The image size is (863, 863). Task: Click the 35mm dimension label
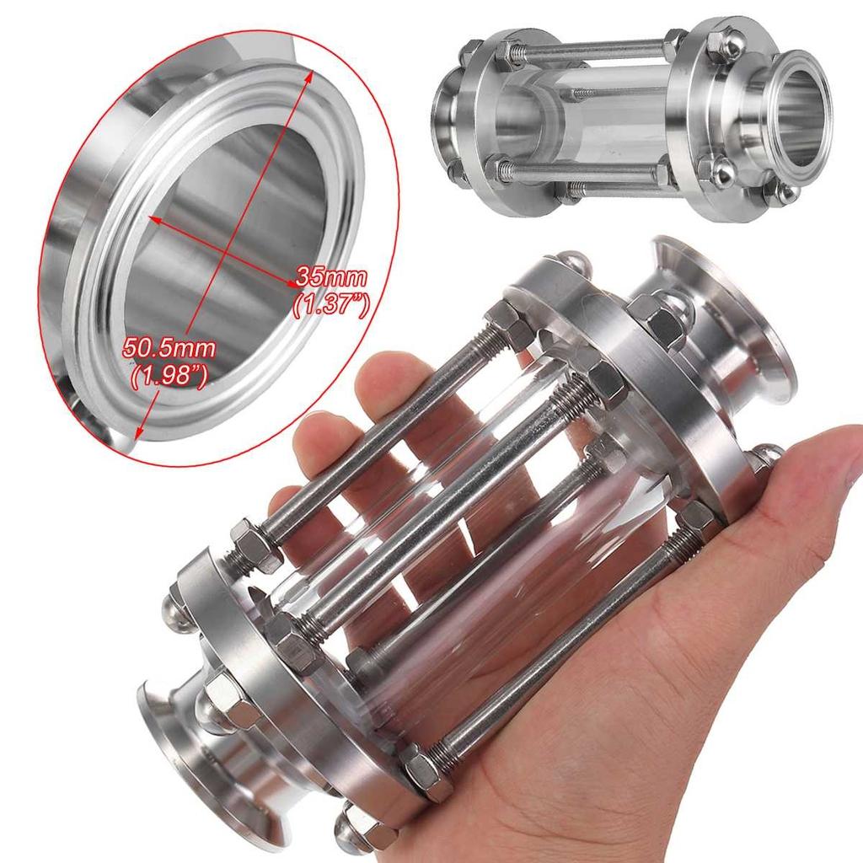(x=330, y=276)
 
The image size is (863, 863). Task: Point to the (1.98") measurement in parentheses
(x=169, y=375)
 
